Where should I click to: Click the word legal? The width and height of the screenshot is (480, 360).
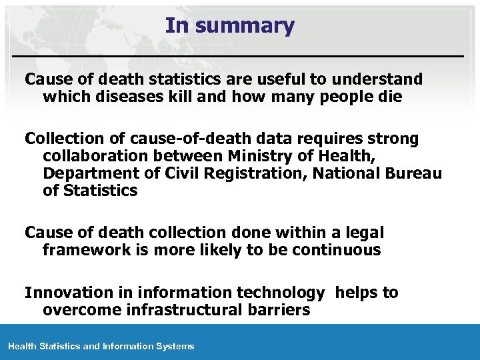click(x=363, y=233)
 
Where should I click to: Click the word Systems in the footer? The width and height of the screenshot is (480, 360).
click(x=176, y=346)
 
